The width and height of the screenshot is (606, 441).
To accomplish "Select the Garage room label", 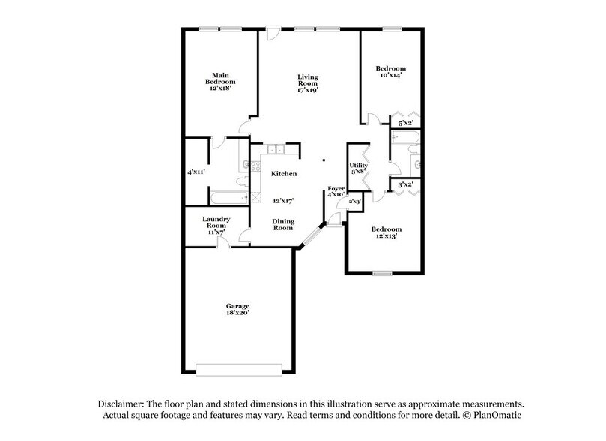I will click(238, 306).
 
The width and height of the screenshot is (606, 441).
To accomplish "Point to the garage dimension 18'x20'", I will click(238, 313).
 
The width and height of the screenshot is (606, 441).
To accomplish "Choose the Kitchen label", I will click(284, 174).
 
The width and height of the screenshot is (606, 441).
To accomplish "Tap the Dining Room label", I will click(282, 224).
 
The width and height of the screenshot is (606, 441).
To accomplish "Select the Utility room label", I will click(359, 165).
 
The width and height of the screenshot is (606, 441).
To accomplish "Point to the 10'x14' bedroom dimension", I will click(390, 76).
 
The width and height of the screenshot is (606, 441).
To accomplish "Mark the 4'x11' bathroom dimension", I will click(196, 172).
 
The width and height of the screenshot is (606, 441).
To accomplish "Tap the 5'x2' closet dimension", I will click(406, 123).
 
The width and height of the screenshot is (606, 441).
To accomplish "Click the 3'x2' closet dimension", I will click(405, 184).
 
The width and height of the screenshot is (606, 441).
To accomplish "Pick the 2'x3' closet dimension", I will click(355, 202).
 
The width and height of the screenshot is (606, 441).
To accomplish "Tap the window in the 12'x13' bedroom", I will click(382, 273).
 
